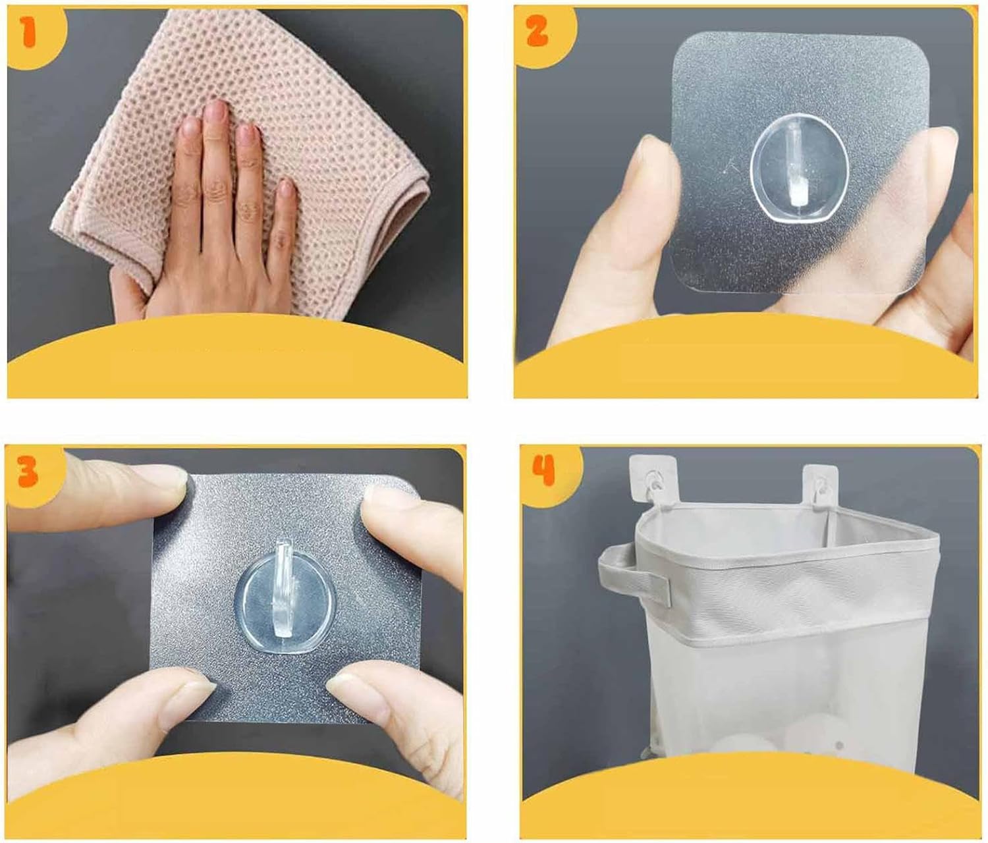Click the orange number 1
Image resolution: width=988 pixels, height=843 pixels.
(30, 32)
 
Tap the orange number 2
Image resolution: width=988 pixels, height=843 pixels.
(537, 30)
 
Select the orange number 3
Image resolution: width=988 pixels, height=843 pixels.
(28, 471)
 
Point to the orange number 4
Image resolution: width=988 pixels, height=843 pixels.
(543, 470)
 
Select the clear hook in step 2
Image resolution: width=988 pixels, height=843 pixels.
(799, 175)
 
